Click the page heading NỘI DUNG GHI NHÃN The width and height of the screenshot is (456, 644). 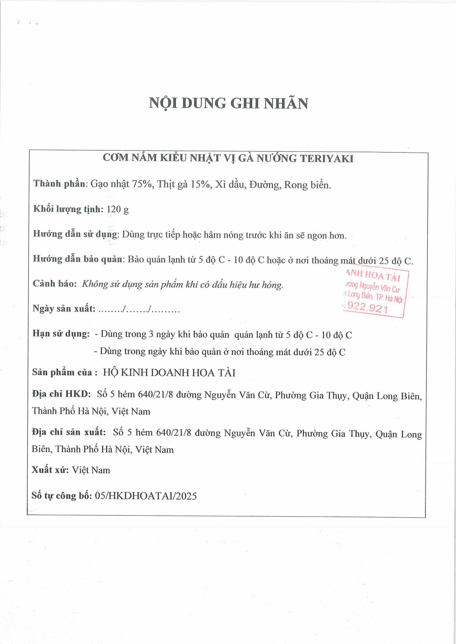tap(228, 104)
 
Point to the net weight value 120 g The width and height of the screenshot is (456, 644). tap(118, 210)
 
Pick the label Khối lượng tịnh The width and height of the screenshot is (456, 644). tap(68, 209)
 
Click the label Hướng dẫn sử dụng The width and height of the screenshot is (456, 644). tap(75, 234)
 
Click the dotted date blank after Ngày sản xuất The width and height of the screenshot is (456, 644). tap(139, 309)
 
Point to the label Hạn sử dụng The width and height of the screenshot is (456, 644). tap(61, 334)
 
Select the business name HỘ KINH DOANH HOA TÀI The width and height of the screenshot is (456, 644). tap(169, 373)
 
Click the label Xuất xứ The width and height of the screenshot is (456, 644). tap(50, 470)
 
